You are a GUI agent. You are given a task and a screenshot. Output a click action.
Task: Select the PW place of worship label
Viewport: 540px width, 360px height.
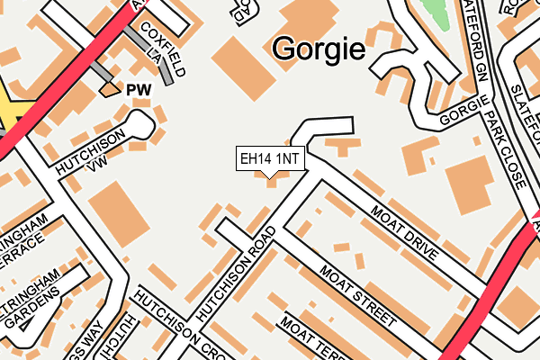137,90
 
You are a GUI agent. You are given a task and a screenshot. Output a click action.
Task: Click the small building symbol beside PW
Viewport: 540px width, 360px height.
110,89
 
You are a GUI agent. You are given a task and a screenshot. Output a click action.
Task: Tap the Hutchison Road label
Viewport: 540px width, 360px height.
231,271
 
